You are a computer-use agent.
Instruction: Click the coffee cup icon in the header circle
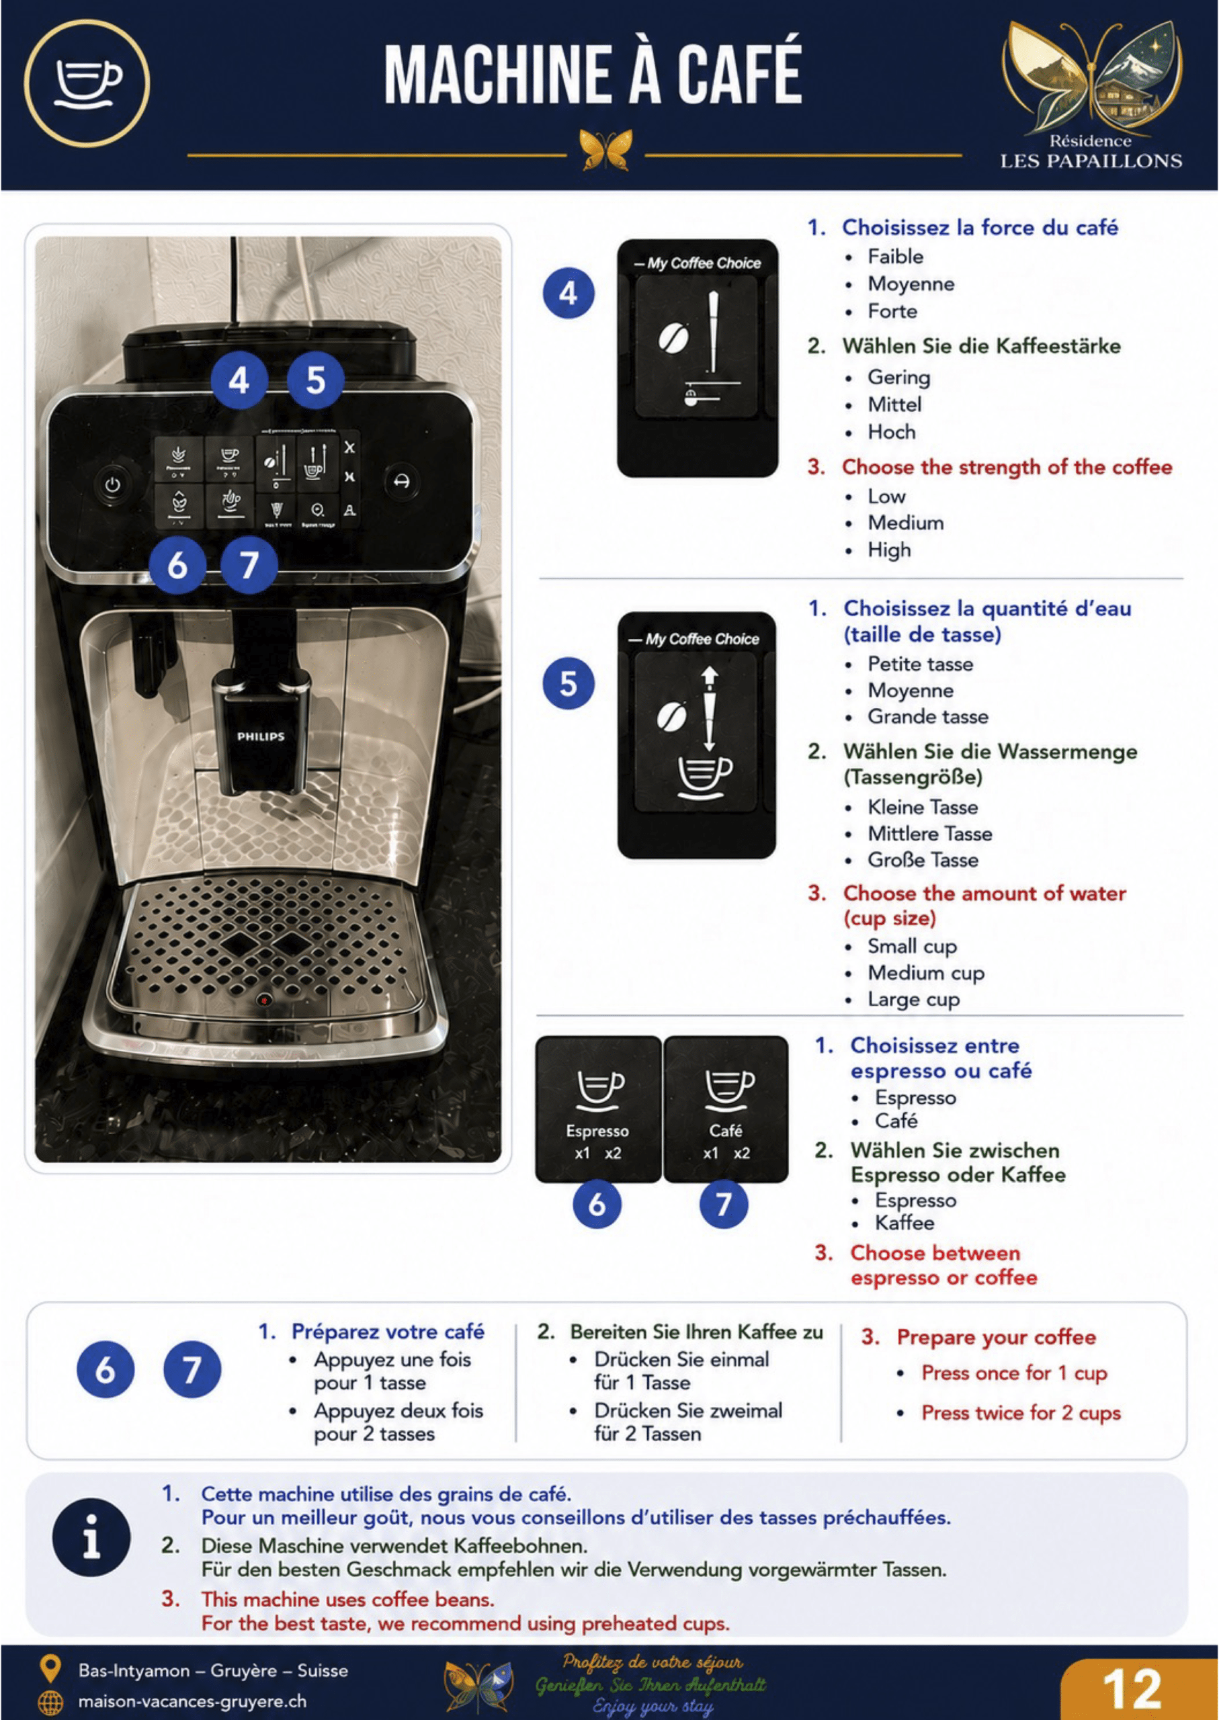point(88,83)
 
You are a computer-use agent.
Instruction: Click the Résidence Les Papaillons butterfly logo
point(1091,78)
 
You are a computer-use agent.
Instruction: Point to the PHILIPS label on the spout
point(261,736)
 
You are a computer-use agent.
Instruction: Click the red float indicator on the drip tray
point(263,1000)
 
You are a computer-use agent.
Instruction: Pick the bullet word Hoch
point(892,431)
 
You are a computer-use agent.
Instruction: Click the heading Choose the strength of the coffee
point(1007,467)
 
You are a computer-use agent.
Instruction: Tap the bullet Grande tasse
point(928,717)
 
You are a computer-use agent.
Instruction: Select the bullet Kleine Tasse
point(923,807)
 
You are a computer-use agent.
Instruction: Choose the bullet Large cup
point(913,1000)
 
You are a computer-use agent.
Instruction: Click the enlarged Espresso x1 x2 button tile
point(598,1109)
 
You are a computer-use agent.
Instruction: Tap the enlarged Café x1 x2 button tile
point(726,1109)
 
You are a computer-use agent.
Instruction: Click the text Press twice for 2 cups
point(1021,1412)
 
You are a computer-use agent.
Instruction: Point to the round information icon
point(91,1538)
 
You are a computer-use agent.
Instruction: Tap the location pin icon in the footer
point(50,1668)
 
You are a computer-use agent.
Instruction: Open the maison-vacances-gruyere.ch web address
point(192,1701)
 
